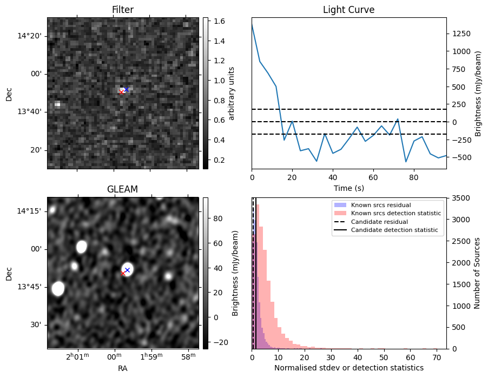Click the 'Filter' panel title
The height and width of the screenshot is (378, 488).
(x=123, y=10)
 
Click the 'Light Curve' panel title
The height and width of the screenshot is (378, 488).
(x=348, y=10)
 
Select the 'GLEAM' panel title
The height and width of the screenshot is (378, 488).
(x=123, y=189)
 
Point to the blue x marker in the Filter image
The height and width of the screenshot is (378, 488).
(x=126, y=89)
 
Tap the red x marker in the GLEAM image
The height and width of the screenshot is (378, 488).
(x=123, y=274)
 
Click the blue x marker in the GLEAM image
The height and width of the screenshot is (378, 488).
(x=128, y=270)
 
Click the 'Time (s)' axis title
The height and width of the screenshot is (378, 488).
(x=348, y=188)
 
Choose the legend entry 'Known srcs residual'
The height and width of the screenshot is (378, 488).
(x=380, y=205)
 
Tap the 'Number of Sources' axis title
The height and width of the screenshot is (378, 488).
(x=478, y=273)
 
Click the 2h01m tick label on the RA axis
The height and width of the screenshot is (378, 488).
(x=77, y=356)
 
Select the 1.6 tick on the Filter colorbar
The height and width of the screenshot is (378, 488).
(x=217, y=21)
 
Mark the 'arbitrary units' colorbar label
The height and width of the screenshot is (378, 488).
(x=232, y=93)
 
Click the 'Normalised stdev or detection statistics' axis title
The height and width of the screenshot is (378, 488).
(x=348, y=368)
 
